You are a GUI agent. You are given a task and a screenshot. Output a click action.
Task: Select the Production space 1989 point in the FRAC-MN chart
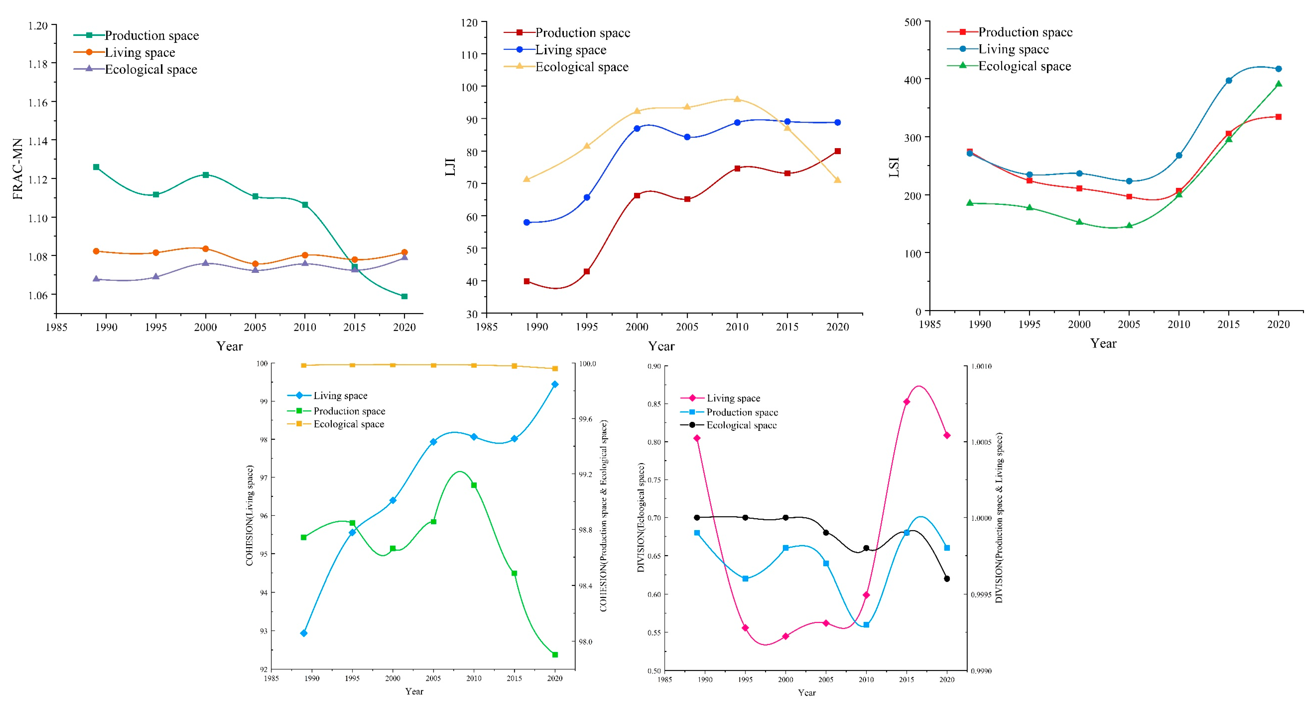96,167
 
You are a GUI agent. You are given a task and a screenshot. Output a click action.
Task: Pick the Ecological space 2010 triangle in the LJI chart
737,99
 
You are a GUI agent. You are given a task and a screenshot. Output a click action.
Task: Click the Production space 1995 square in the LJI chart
587,272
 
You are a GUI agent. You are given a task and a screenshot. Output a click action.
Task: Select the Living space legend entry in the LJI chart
556,50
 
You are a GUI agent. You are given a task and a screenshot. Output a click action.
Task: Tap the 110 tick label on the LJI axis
470,55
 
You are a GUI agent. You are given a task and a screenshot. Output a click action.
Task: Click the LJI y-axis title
450,167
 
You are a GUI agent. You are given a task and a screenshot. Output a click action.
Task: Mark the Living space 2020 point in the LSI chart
1278,69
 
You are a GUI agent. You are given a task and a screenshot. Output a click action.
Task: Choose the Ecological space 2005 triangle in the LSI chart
1129,225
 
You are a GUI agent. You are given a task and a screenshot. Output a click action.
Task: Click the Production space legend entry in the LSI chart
1010,32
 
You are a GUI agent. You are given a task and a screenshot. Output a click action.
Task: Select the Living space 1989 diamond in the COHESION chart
304,633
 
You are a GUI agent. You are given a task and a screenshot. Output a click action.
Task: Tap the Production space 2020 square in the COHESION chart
555,655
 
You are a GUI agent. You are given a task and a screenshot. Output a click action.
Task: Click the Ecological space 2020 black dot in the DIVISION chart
947,579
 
